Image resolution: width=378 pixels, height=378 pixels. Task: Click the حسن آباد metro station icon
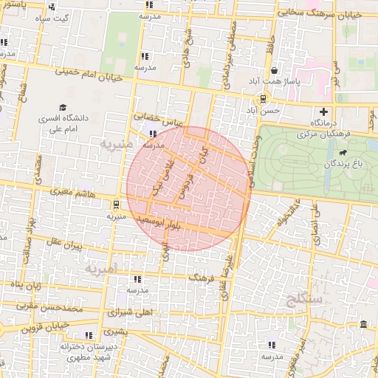click(x=263, y=98)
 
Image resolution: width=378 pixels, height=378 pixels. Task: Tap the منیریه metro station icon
click(x=117, y=205)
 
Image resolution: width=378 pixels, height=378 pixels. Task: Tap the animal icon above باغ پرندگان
click(x=343, y=152)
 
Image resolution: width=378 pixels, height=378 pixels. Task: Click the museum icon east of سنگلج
click(x=364, y=325)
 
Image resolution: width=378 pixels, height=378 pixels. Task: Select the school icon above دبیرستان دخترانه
click(x=90, y=335)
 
